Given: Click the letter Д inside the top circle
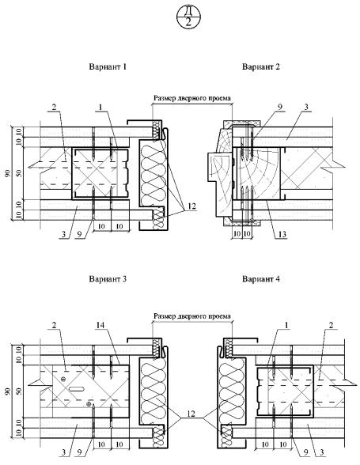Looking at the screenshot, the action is point(188,11).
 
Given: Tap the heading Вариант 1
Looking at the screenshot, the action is point(108,66).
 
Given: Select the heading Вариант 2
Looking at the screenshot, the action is point(261,66).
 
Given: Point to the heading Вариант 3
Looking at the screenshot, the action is point(108,279).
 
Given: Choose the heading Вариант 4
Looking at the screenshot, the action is point(261,279).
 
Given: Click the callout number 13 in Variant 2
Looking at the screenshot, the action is point(282,235).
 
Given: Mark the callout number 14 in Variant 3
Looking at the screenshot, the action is point(100,326).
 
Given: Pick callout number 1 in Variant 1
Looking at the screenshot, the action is point(100,108).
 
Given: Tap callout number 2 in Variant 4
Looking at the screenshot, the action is point(330,325).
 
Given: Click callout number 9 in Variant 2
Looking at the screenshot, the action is point(280,107).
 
